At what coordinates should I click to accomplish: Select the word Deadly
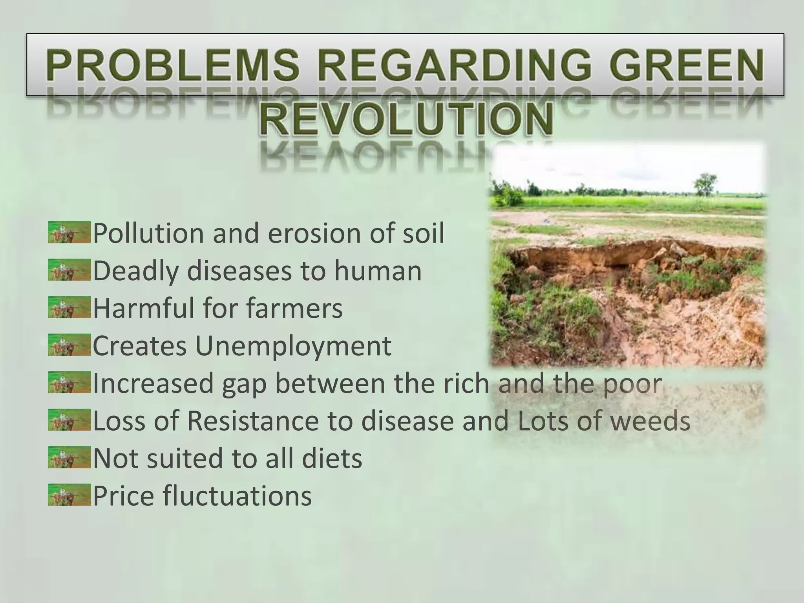tap(136, 271)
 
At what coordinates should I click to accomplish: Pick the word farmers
tap(294, 309)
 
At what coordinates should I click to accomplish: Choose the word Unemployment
tap(293, 346)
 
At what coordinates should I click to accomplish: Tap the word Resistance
tap(253, 421)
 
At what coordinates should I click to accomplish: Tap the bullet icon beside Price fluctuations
tap(69, 495)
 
